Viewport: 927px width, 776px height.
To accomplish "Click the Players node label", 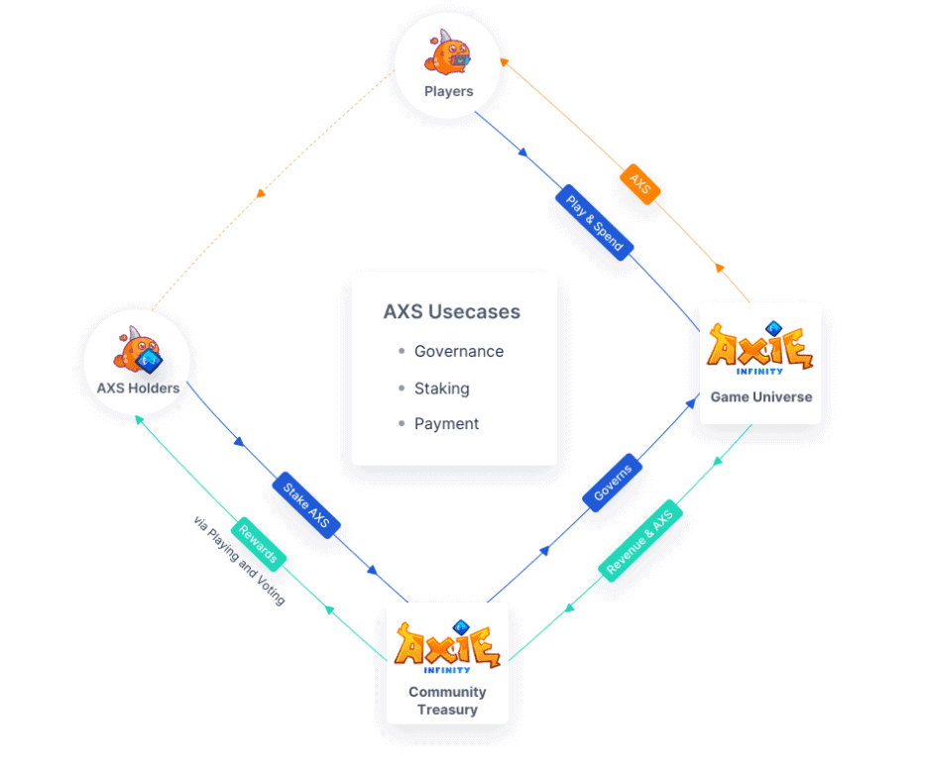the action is (449, 91).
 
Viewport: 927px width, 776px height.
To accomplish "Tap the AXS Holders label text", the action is (139, 388).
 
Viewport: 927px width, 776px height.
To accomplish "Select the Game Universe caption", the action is (761, 397).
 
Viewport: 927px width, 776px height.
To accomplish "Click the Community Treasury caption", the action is (447, 701).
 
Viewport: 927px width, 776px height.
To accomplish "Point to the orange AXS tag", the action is (640, 183).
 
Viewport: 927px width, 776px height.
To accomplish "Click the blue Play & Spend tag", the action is (595, 223).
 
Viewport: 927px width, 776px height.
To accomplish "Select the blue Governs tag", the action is (613, 483).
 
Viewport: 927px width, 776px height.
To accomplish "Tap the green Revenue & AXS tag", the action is (640, 541).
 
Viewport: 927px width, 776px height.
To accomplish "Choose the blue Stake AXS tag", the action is (306, 504).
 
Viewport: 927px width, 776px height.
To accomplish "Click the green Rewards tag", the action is (259, 544).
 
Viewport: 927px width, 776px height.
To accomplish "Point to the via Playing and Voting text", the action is (239, 560).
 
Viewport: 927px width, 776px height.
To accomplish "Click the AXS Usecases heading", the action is (452, 311).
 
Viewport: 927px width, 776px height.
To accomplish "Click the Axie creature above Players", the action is (447, 53).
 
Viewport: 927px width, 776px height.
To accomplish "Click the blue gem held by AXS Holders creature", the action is (149, 361).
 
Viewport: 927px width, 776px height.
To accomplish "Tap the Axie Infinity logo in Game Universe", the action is (760, 348).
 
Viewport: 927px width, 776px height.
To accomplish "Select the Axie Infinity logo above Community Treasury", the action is (447, 646).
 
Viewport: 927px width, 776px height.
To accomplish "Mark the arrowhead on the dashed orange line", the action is (261, 193).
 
